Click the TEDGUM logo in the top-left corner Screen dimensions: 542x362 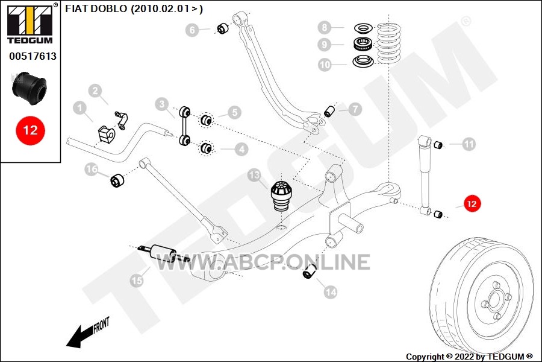pyautogui.click(x=30, y=24)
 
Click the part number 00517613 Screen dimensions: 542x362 pyautogui.click(x=33, y=56)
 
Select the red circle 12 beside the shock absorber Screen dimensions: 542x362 pyautogui.click(x=472, y=204)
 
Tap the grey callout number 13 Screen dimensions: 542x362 pyautogui.click(x=254, y=175)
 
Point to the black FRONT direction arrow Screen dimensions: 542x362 pyautogui.click(x=87, y=332)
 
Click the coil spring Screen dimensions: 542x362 pyautogui.click(x=389, y=43)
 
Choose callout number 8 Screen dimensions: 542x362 pyautogui.click(x=325, y=27)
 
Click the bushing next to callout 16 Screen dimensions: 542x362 pyautogui.click(x=117, y=180)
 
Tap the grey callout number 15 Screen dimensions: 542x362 pyautogui.click(x=137, y=280)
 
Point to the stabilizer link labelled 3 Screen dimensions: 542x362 pyautogui.click(x=185, y=125)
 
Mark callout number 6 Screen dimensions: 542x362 pyautogui.click(x=192, y=30)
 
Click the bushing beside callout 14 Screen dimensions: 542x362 pyautogui.click(x=310, y=271)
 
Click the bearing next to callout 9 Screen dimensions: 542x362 pyautogui.click(x=363, y=43)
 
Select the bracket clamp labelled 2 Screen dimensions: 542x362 pyautogui.click(x=122, y=120)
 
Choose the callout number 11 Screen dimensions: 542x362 pyautogui.click(x=469, y=144)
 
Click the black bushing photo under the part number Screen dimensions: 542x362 pyautogui.click(x=30, y=88)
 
